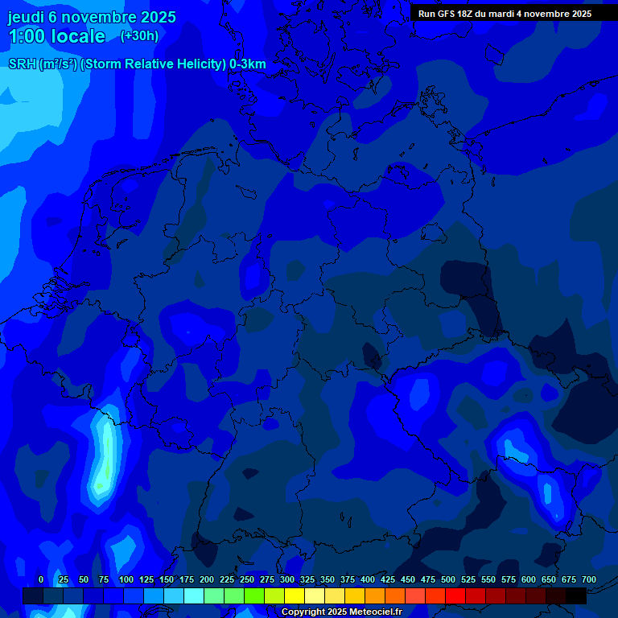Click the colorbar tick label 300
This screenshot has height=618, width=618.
[287, 579]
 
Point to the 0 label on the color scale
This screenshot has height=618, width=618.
[41, 579]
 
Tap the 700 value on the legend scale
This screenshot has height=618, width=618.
[589, 579]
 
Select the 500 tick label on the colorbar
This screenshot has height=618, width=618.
[448, 579]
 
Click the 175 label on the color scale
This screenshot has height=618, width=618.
[187, 579]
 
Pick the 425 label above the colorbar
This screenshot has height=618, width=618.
[388, 579]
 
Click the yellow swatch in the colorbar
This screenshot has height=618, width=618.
[295, 596]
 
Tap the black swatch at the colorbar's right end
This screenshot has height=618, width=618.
[576, 596]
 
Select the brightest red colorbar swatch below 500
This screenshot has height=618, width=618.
[455, 596]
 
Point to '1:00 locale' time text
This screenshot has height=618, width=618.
[57, 36]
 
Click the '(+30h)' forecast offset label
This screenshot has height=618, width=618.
[139, 36]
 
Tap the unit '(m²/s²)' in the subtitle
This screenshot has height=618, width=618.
[58, 64]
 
